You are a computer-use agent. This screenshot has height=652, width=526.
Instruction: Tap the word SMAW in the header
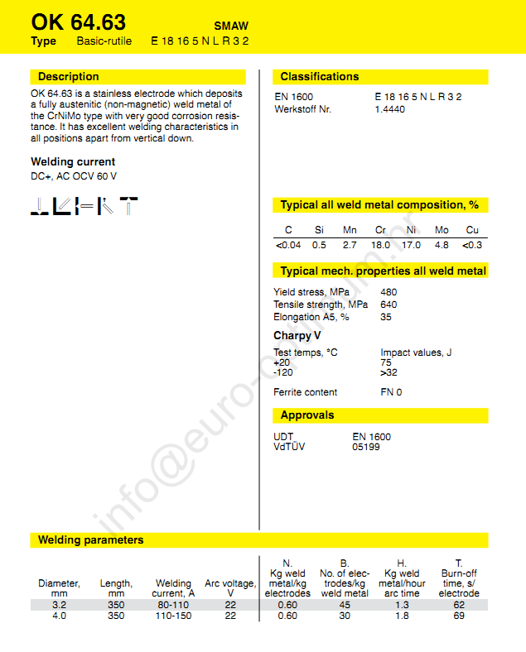[231, 26]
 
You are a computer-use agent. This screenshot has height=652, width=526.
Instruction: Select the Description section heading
[68, 77]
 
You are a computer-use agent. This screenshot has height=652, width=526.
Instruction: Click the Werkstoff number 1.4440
[390, 109]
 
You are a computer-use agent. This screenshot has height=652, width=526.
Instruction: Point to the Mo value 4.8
[442, 245]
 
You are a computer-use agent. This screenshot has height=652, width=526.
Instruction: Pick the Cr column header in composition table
[380, 230]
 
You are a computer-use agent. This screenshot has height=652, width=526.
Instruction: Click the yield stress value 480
[388, 292]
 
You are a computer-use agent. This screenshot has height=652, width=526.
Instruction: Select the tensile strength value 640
[388, 304]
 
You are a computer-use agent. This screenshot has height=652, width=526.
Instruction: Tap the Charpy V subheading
[297, 336]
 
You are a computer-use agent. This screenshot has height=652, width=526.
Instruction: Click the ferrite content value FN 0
[391, 392]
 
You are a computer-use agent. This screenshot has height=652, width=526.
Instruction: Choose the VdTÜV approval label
[289, 447]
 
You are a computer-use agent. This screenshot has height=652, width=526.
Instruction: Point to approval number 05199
[365, 447]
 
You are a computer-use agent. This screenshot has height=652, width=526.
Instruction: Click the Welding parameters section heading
[90, 540]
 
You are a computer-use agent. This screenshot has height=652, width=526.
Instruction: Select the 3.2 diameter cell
[58, 605]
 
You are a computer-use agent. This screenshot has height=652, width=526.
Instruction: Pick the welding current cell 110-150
[173, 616]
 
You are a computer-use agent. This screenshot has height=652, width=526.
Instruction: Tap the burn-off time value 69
[459, 616]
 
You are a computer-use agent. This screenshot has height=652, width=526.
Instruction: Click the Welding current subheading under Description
[73, 162]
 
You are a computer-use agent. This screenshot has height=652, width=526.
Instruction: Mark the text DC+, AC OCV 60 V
[74, 176]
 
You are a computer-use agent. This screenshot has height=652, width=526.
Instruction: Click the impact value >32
[388, 373]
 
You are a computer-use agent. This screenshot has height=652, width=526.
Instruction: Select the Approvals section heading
[307, 415]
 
